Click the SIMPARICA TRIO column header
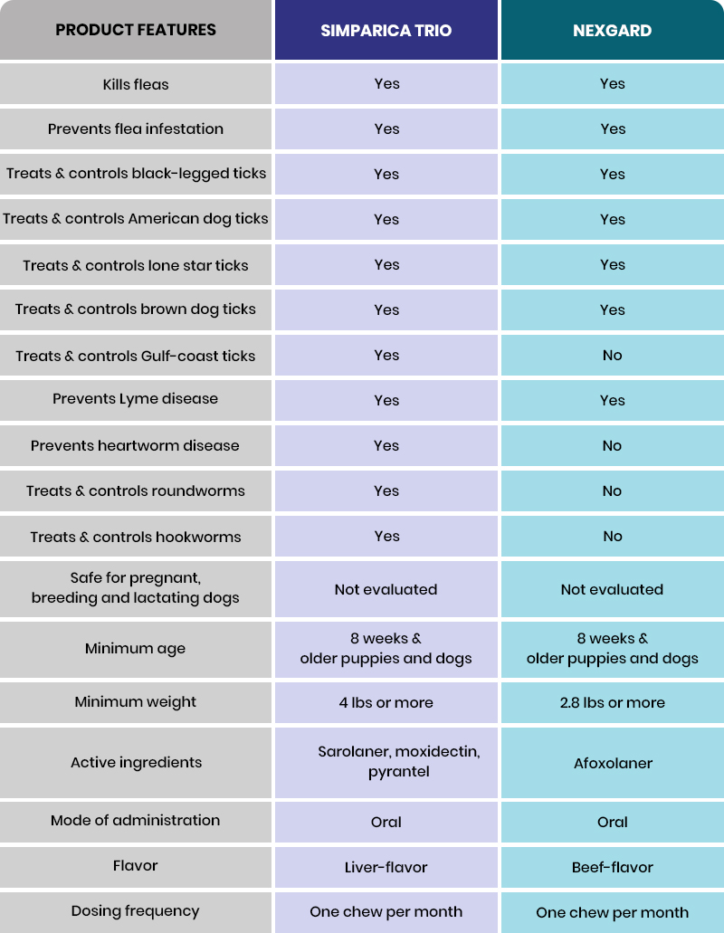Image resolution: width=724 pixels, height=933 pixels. coord(386,31)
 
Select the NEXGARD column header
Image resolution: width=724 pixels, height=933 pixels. coord(613,31)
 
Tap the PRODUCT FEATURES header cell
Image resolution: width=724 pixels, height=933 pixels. coord(136,30)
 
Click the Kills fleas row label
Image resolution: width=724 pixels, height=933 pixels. coord(136,84)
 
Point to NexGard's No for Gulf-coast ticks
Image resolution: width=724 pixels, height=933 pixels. coord(613,355)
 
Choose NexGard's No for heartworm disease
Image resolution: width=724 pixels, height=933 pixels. coord(613,445)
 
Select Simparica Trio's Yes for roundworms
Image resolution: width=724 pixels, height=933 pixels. coord(386,490)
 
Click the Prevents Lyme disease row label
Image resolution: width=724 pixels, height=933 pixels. coord(136,399)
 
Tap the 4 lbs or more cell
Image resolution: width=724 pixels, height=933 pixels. coord(386,702)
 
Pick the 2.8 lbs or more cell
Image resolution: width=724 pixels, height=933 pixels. coord(613,702)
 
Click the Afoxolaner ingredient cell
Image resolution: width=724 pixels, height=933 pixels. coord(613,763)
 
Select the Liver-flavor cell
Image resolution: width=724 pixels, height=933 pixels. coord(386,867)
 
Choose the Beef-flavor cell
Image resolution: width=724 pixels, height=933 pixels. coord(613,867)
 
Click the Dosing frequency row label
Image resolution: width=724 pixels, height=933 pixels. coord(136,911)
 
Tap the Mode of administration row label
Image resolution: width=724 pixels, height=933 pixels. coord(136,821)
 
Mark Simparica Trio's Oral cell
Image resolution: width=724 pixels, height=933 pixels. coord(386,822)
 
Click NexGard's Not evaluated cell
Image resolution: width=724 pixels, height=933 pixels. coord(613,589)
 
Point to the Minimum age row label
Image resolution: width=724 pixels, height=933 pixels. coord(136,649)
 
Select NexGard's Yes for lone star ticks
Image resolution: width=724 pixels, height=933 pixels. coord(613,264)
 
